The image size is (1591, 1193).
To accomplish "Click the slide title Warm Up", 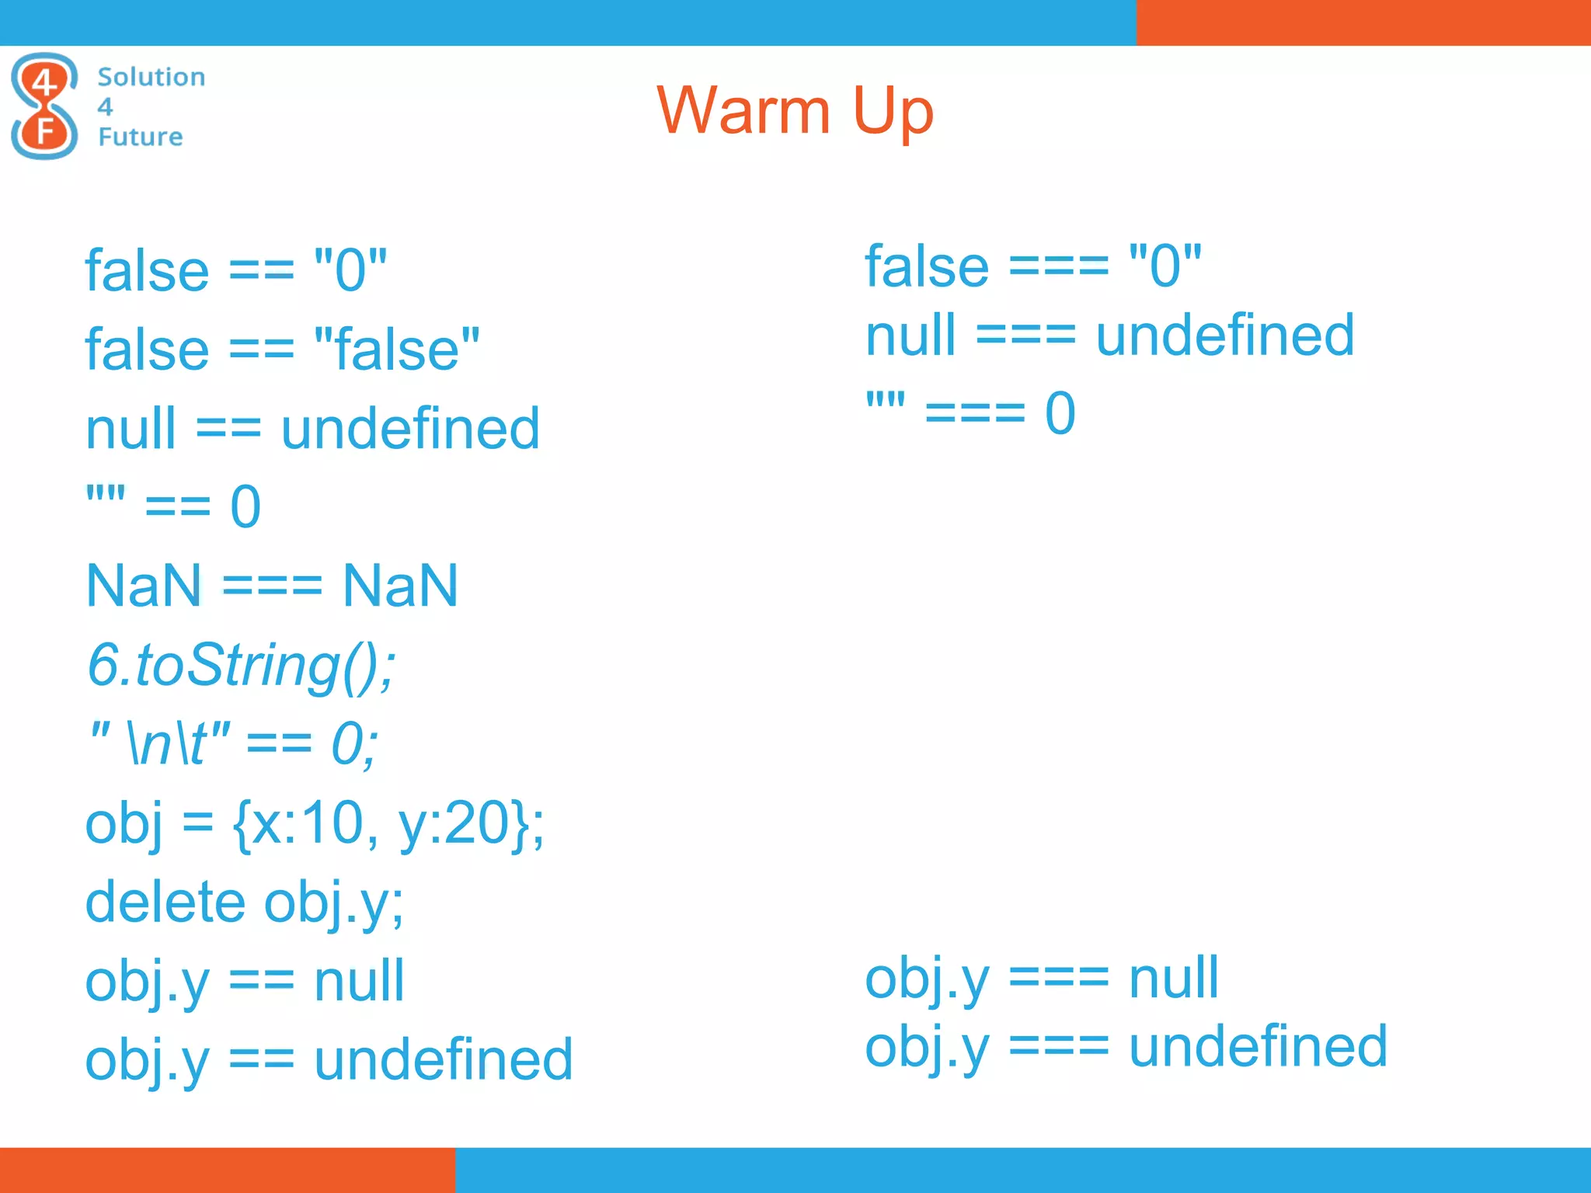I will coord(795,111).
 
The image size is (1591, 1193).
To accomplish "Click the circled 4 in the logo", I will coord(44,81).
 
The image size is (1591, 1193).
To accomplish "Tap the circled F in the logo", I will coord(45,130).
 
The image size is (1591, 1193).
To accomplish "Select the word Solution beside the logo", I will coord(151,77).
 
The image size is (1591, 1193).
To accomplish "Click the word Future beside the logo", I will coord(141,137).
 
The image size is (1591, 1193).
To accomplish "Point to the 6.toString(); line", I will coord(241,666).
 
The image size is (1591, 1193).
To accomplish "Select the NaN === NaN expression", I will coord(272,586).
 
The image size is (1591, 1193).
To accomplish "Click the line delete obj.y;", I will coord(244,903).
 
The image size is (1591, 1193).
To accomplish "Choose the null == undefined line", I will coord(312,429).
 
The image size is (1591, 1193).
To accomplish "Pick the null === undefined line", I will coord(1109,336).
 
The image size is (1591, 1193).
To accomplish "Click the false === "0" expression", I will coord(1033,266).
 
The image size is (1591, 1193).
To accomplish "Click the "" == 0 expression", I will coord(173,506).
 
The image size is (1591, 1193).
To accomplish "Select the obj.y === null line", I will coord(1041,978).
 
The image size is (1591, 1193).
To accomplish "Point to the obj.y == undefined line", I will coord(329,1060).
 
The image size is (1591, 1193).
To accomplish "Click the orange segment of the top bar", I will coord(1363,23).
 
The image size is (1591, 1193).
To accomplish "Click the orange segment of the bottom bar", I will coord(227,1170).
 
